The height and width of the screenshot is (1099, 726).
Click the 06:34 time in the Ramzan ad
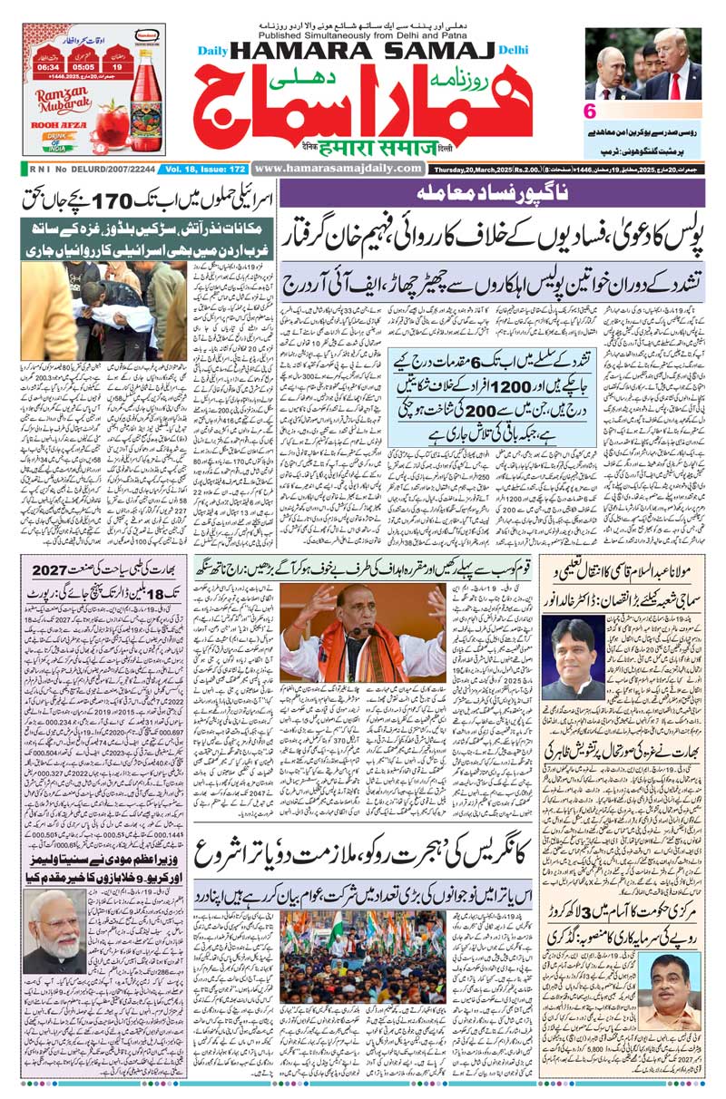click(48, 65)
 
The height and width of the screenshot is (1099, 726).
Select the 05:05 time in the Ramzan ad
click(83, 65)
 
